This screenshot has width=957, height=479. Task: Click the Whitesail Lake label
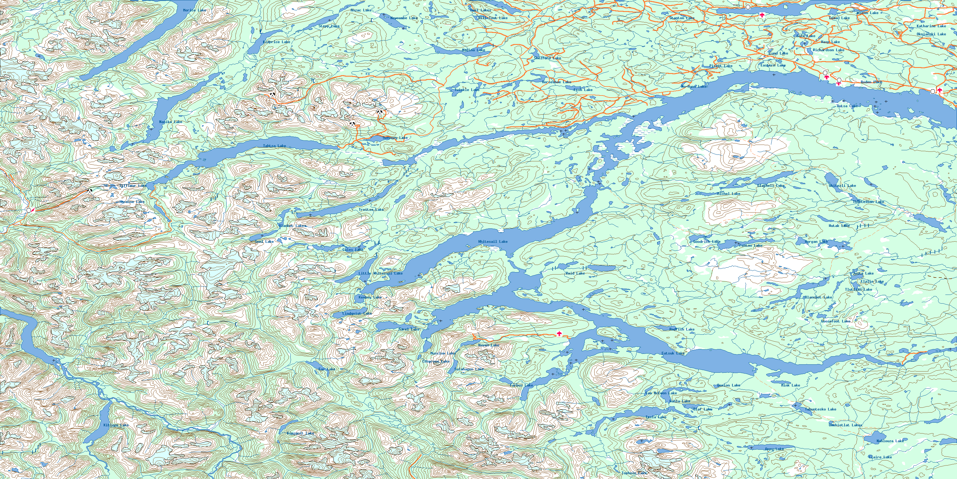pos(493,242)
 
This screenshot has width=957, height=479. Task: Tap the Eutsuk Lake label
pos(673,353)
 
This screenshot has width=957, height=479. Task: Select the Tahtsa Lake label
pos(275,146)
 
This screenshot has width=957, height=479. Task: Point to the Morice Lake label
pos(194,10)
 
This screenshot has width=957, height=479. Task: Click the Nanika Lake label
pos(170,122)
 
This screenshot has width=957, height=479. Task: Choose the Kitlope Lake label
pos(116,425)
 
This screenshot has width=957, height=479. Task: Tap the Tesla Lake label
pos(656,417)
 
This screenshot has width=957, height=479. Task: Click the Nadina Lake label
pos(473,50)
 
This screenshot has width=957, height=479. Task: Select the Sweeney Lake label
pos(395,138)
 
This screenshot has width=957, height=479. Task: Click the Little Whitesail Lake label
pos(380,273)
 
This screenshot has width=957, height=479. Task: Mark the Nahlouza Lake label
pos(890,441)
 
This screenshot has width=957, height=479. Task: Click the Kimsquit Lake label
pos(300,433)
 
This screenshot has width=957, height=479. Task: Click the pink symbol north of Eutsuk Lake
pos(560,334)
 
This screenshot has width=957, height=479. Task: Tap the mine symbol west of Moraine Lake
pos(89,191)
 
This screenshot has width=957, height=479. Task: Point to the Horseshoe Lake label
pos(556,82)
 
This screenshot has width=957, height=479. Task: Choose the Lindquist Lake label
pos(357,313)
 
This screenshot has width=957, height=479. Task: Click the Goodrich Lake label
pos(707,242)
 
